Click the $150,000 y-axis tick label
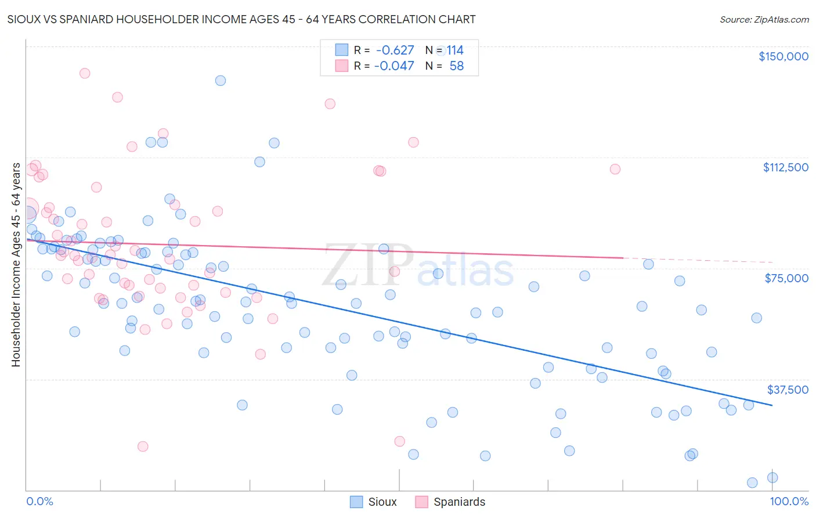coord(783,56)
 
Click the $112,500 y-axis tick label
coord(785,167)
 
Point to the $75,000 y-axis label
coord(786,278)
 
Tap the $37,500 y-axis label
coord(788,390)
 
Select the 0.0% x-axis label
coord(39,501)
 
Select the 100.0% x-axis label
coord(789,501)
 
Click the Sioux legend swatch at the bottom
coord(356,502)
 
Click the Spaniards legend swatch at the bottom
coord(422,502)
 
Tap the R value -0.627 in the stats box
coord(395,51)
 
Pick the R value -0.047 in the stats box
coord(393,66)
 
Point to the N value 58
coord(457,66)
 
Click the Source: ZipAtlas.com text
coord(764,19)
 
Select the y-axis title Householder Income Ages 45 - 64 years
coord(16,265)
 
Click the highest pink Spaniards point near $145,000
coord(85,73)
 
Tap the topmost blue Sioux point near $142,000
coord(221,81)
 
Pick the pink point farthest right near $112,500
coord(615,169)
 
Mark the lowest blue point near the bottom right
coord(752,483)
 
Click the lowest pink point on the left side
coord(143,447)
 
